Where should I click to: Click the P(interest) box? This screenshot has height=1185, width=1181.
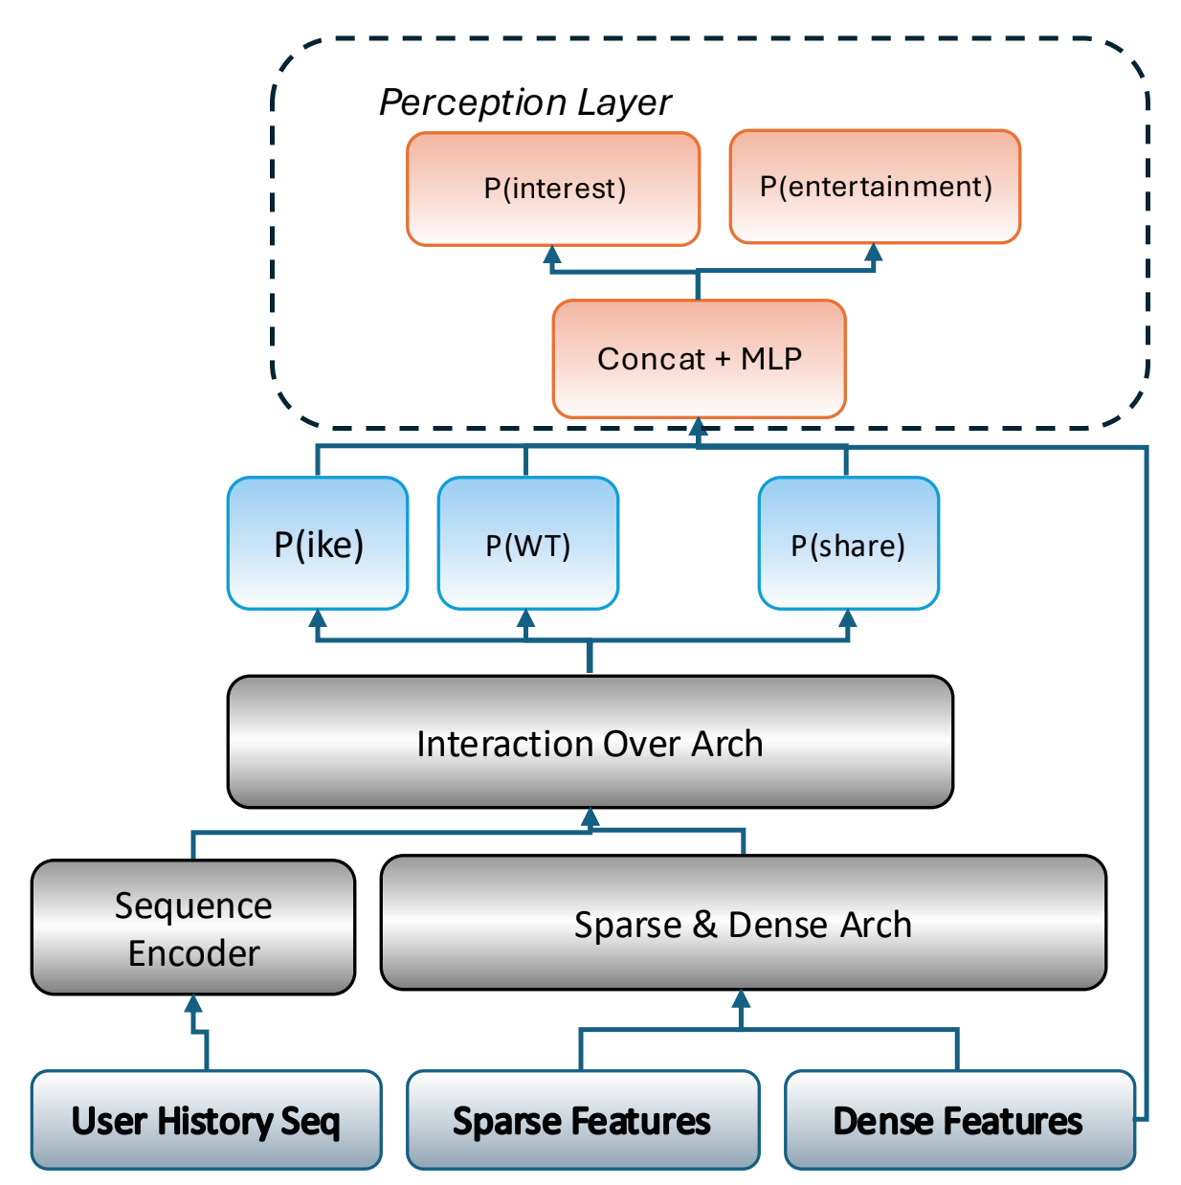click(553, 189)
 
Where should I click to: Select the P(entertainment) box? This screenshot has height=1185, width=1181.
click(875, 187)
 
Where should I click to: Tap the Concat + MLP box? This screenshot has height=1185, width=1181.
click(699, 359)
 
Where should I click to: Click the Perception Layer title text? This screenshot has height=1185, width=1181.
click(525, 102)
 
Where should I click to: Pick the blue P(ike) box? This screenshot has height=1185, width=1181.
click(318, 544)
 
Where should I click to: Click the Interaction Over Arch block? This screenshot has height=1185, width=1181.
click(590, 743)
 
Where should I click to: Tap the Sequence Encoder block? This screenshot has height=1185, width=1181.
click(193, 928)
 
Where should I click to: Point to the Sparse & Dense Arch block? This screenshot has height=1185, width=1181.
click(743, 924)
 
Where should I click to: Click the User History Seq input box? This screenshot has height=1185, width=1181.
click(206, 1120)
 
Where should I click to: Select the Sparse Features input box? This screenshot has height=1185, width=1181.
click(582, 1120)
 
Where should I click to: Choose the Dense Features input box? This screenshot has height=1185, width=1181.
click(958, 1120)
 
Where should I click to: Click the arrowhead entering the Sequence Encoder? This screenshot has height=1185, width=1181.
click(193, 1004)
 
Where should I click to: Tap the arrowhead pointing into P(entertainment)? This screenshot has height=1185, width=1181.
click(874, 254)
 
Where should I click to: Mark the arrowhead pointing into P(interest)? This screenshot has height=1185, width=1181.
click(552, 256)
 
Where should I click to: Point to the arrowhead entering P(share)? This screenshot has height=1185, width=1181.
click(847, 619)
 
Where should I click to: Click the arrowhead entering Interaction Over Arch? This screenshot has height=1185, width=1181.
click(590, 817)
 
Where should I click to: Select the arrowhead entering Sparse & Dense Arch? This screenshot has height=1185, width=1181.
click(741, 999)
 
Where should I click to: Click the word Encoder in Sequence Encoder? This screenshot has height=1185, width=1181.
click(194, 953)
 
